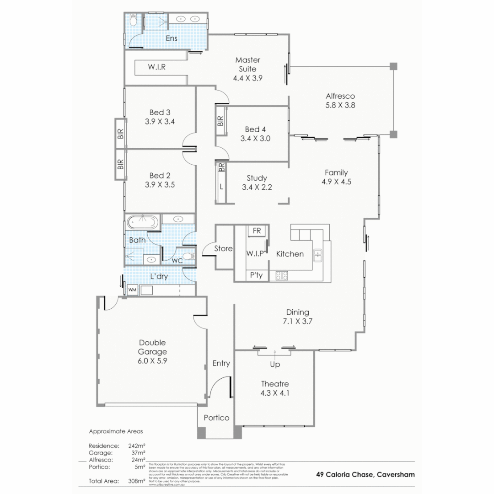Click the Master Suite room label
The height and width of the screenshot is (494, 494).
(247, 64)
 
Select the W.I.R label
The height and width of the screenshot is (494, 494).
(156, 67)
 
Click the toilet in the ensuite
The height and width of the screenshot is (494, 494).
(133, 20)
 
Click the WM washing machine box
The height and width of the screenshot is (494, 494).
(132, 290)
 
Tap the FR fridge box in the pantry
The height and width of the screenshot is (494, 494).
(257, 231)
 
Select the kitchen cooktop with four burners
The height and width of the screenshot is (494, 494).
(281, 275)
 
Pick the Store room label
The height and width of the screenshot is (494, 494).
(224, 248)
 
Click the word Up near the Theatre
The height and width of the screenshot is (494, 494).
(275, 365)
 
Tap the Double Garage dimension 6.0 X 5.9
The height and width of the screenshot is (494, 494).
(152, 361)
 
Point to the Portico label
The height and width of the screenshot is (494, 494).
(216, 418)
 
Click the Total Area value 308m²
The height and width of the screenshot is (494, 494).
(137, 481)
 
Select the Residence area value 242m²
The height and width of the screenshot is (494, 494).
(137, 445)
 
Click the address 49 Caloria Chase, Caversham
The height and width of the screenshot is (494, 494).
(365, 474)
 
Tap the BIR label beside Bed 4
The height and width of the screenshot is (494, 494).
(220, 121)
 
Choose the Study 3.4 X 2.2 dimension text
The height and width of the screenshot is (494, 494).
(257, 187)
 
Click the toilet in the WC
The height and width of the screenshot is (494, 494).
(188, 256)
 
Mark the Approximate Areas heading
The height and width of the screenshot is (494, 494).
(116, 431)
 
